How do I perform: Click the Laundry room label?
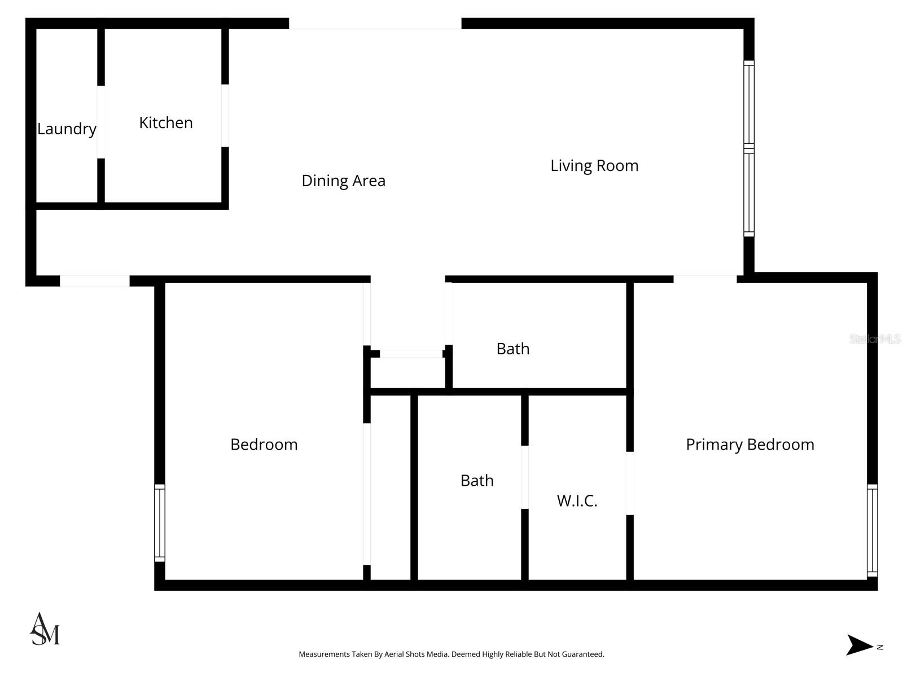click(x=67, y=129)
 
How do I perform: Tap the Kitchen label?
click(x=166, y=123)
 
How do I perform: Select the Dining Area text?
click(x=343, y=181)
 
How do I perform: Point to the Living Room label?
click(x=594, y=166)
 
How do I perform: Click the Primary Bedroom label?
click(x=749, y=445)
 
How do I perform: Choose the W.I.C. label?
click(x=577, y=501)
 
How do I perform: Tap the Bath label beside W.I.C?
click(x=477, y=481)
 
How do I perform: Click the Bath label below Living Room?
click(x=512, y=349)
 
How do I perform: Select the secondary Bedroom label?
click(x=264, y=445)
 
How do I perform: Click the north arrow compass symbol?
click(x=861, y=645)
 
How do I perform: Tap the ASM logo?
click(x=45, y=629)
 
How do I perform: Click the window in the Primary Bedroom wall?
click(x=872, y=530)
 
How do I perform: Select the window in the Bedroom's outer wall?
click(x=160, y=523)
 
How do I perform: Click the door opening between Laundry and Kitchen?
click(x=101, y=122)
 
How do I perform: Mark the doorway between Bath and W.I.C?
click(x=524, y=477)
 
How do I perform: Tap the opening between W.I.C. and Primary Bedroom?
click(x=630, y=483)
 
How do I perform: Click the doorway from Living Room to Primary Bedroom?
click(x=705, y=279)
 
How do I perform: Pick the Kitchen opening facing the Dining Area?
click(x=225, y=116)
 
